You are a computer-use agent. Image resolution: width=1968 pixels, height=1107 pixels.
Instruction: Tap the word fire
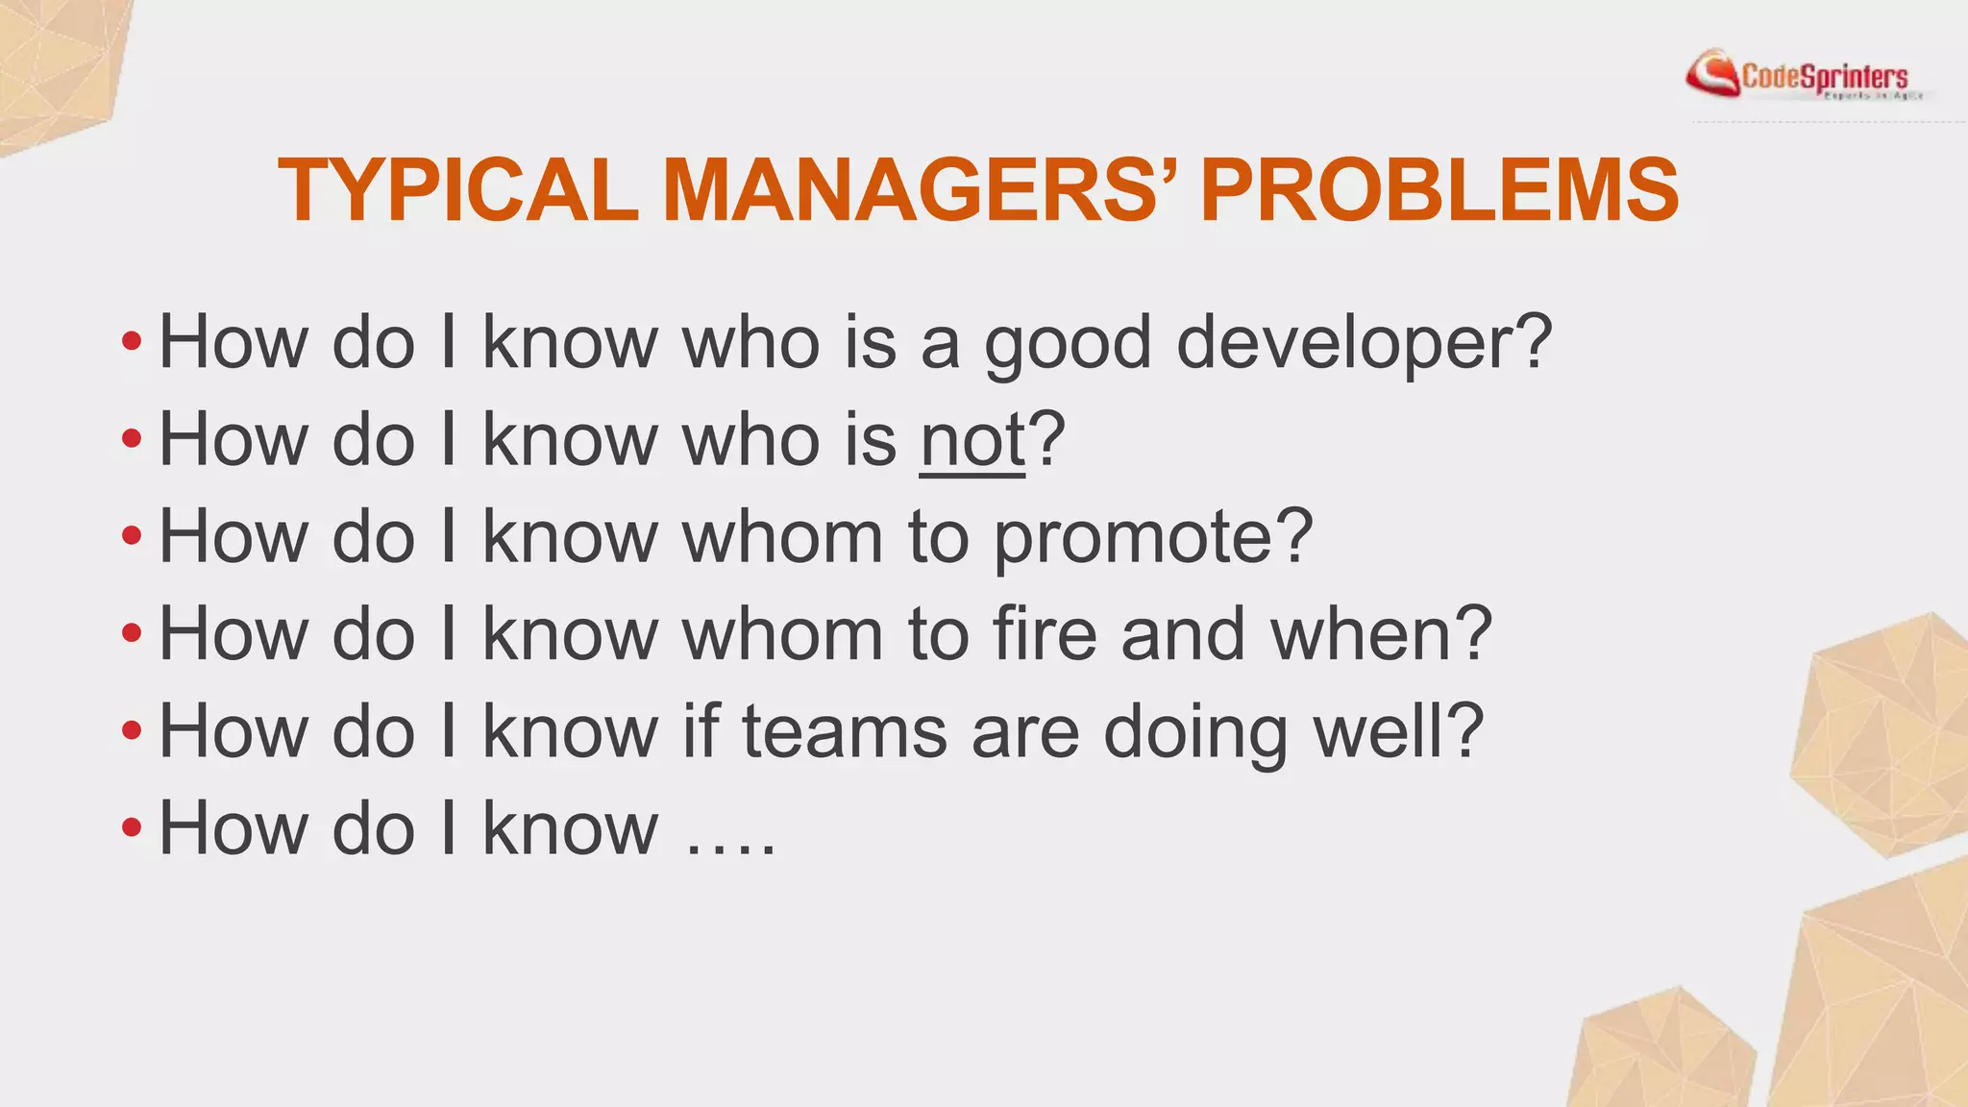point(1044,634)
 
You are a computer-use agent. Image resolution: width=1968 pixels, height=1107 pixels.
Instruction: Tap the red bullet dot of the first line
point(132,340)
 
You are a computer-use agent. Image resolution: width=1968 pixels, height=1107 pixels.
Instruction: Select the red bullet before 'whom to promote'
point(132,535)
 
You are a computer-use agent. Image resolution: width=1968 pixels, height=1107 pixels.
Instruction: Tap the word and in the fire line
point(1183,634)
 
